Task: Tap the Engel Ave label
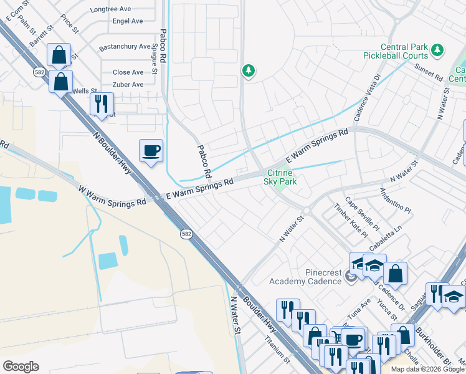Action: tap(128, 21)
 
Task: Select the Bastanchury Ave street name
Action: tap(125, 47)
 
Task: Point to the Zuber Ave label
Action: tap(128, 85)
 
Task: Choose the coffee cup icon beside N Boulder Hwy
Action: tap(151, 150)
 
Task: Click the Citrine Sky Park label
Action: tap(280, 177)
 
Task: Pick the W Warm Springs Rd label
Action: tap(112, 195)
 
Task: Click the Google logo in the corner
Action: tap(21, 367)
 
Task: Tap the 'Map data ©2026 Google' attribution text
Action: tap(427, 369)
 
